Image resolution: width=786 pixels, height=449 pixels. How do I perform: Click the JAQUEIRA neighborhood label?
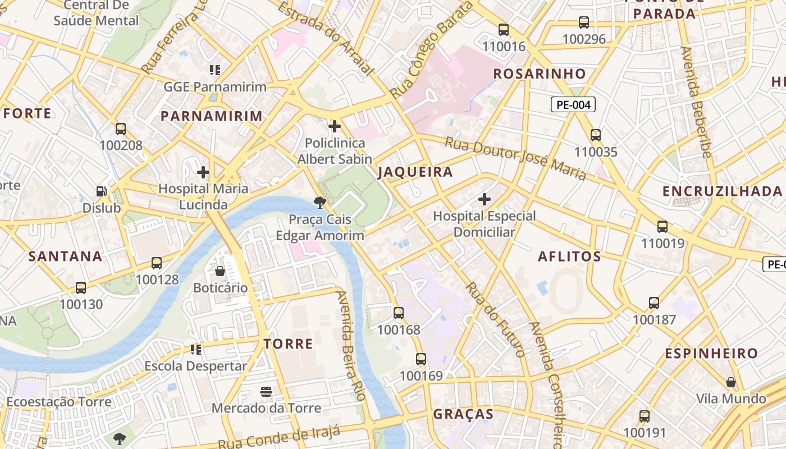coord(415,172)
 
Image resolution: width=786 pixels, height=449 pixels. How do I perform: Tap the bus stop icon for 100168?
coord(399,313)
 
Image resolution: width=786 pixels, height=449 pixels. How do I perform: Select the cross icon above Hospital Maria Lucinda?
coord(203,172)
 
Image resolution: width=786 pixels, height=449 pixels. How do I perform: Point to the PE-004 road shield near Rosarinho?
coord(573,104)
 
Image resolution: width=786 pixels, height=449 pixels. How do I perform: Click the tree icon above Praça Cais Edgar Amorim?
coord(320,202)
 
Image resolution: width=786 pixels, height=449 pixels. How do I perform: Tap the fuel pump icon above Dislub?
coord(102,191)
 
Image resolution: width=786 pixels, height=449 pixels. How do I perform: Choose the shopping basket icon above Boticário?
coord(220,271)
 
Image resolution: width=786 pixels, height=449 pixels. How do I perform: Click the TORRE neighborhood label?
coord(289,344)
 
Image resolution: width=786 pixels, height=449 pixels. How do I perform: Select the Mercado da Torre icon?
coord(266,391)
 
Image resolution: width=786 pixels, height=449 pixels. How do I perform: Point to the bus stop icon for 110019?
coord(662,227)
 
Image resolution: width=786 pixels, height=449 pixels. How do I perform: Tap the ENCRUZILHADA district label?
coord(722,191)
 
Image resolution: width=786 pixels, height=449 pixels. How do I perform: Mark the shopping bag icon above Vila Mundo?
coord(731,382)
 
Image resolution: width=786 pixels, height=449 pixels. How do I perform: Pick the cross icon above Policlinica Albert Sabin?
coord(335,126)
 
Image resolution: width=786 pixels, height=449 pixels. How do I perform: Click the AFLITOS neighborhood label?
coord(569,256)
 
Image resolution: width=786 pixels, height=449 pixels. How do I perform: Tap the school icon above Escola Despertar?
coord(195,350)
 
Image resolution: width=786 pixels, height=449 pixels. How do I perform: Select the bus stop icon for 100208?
coord(121,129)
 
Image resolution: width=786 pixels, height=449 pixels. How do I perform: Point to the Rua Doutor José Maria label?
coord(515,159)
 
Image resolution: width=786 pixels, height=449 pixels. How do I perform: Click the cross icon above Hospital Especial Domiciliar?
coord(485,199)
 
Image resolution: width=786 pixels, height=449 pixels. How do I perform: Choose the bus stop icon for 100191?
coord(645,416)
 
